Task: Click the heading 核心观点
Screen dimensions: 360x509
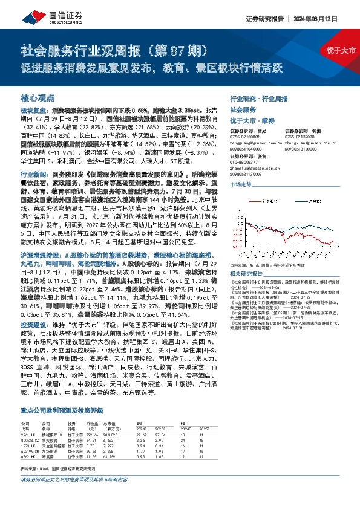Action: [38, 97]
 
